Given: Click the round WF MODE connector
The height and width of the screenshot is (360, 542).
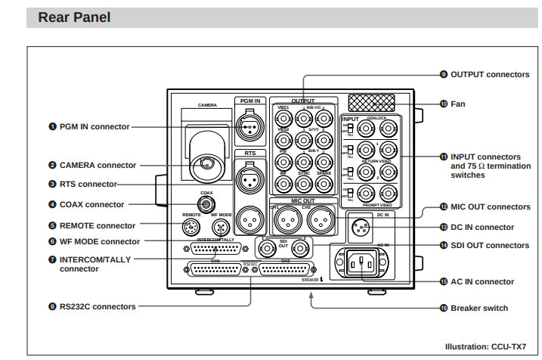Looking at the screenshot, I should click(x=219, y=228).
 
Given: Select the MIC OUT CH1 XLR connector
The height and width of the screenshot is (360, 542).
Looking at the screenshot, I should click(x=286, y=220).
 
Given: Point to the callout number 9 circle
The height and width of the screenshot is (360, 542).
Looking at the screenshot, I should click(x=444, y=74).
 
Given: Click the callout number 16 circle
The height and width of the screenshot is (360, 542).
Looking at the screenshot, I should click(x=444, y=308).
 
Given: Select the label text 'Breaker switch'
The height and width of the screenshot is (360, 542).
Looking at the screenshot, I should click(x=479, y=308).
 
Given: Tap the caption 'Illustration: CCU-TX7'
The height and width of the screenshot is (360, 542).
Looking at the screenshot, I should click(x=491, y=346).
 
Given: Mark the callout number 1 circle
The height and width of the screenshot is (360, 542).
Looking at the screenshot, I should click(x=53, y=126).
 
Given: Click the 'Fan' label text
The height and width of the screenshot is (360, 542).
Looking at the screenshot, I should click(x=459, y=104).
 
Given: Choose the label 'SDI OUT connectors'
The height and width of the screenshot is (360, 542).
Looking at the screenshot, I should click(x=490, y=245).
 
